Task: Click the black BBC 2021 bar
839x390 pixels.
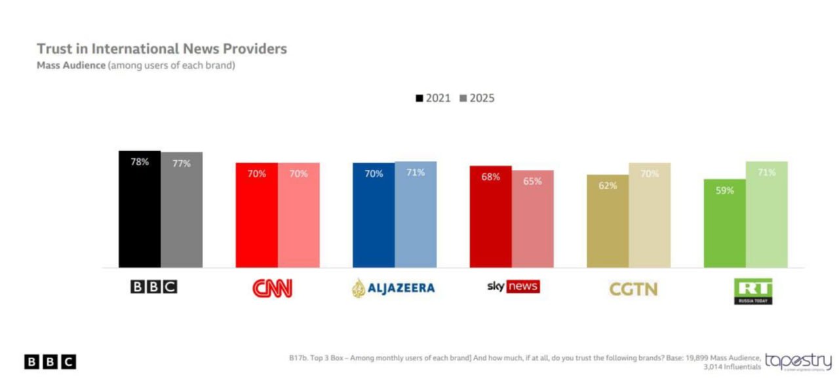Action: click(x=140, y=210)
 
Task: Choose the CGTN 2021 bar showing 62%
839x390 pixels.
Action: click(x=608, y=222)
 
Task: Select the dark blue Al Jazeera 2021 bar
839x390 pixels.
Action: click(x=374, y=216)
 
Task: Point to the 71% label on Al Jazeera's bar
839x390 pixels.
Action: click(x=416, y=172)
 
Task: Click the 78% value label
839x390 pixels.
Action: click(x=140, y=162)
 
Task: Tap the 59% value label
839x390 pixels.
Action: click(x=724, y=190)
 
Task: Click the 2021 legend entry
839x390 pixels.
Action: click(x=433, y=98)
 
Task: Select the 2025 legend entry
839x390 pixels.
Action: click(x=477, y=98)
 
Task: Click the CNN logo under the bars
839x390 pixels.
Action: click(x=273, y=288)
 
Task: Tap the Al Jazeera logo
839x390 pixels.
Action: click(x=393, y=288)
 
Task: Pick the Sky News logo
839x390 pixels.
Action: click(x=513, y=287)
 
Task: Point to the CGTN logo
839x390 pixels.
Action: click(x=633, y=289)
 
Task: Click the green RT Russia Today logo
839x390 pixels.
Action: click(x=752, y=291)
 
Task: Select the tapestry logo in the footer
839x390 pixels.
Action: click(x=798, y=362)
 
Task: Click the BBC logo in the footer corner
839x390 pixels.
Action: click(x=50, y=362)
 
